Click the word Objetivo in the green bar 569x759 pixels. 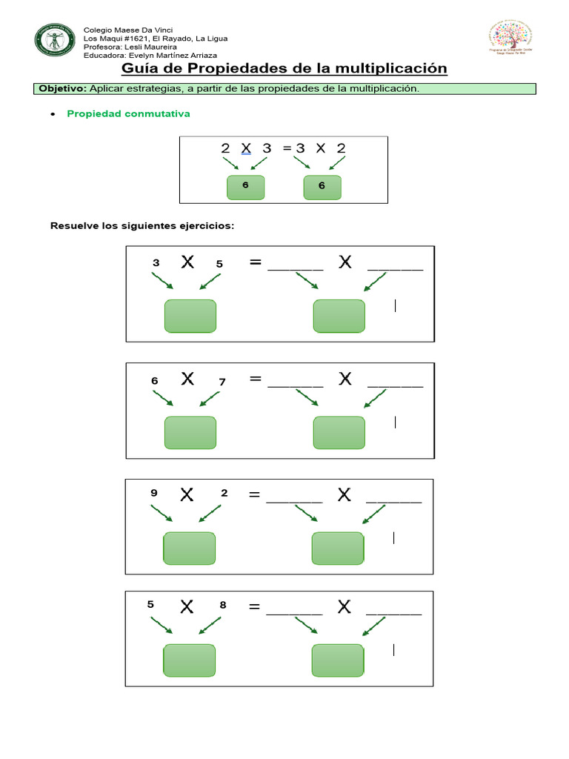[62, 89]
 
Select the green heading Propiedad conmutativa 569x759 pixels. [128, 114]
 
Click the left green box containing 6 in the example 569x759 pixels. [245, 187]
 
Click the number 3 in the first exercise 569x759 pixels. [156, 263]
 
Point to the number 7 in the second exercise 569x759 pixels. [222, 382]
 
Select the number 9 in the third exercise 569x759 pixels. [154, 493]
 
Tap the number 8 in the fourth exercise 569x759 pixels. [222, 605]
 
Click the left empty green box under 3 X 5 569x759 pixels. [190, 316]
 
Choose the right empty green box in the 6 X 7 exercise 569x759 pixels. [339, 433]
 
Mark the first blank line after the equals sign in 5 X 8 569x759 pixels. [294, 612]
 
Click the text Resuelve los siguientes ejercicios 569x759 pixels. [142, 225]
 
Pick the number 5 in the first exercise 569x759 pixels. [219, 264]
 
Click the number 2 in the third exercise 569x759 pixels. [224, 493]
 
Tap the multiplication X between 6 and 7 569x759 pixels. [187, 379]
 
